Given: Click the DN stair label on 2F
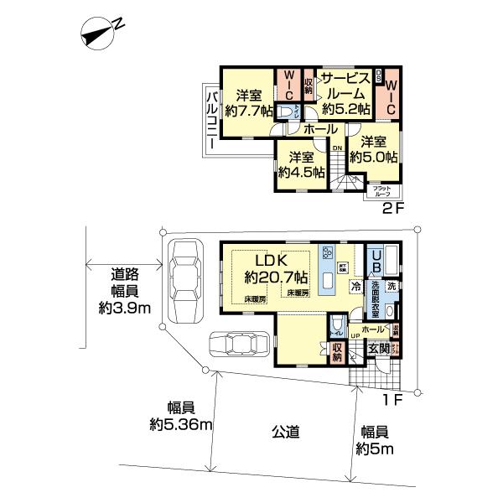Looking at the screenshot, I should coord(337,148).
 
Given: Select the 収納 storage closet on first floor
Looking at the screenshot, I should coord(337,353).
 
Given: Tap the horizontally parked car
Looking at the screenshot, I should coord(240,344).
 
